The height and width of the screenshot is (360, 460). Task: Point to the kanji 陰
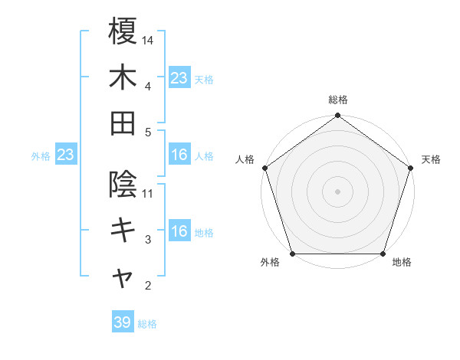point(123,184)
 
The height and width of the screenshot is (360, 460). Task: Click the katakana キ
point(123,230)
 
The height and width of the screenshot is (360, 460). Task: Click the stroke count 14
point(148,39)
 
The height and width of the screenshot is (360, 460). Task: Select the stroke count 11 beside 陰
point(148,193)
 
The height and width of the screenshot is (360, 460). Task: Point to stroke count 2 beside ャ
point(148,286)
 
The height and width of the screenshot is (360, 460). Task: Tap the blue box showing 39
point(123,322)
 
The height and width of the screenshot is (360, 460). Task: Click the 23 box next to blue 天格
point(179,77)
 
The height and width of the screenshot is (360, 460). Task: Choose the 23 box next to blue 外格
point(65,155)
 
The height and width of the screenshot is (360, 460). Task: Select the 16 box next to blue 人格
point(179,155)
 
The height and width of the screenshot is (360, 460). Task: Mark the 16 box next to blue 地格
point(179,231)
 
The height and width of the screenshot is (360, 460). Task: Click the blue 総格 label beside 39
point(148,324)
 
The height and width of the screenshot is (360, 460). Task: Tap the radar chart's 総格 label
point(338,100)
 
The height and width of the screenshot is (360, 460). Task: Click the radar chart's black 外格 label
point(270,263)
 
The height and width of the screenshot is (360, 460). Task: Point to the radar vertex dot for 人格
point(265,168)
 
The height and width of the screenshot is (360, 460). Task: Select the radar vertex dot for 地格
point(383,254)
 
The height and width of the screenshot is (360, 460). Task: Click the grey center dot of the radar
point(337,191)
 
